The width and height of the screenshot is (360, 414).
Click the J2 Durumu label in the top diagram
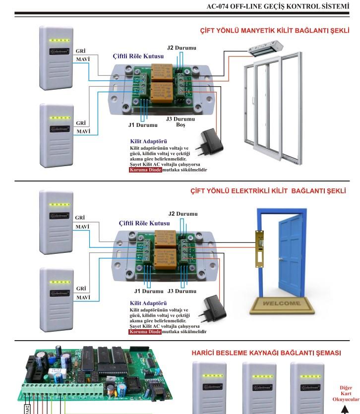point(181,48)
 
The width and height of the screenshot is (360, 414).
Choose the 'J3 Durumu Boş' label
point(180,122)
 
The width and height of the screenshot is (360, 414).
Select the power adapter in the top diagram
point(211,141)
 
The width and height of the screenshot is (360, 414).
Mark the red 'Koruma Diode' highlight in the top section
point(145,170)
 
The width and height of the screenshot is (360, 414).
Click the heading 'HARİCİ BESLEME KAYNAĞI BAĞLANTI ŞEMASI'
point(266,353)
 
